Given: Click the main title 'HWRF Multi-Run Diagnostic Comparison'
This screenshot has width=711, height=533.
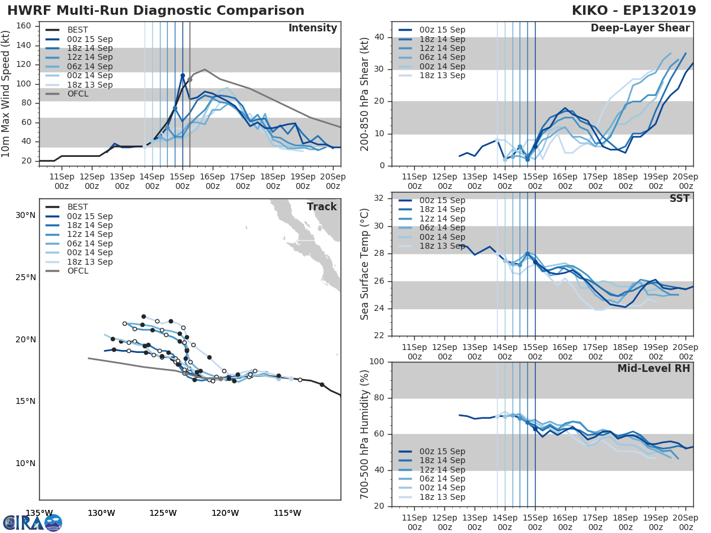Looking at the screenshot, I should click(156, 11).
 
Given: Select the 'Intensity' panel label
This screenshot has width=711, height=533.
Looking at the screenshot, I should click(312, 28).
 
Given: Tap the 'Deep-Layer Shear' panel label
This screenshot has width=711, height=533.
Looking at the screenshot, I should click(640, 28).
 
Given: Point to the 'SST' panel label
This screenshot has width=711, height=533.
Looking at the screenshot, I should click(679, 198).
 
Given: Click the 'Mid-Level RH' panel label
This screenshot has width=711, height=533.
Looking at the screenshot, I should click(654, 368).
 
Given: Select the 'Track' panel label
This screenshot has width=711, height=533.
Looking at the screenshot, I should click(322, 207).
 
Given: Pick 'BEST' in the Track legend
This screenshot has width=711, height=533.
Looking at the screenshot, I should click(78, 207).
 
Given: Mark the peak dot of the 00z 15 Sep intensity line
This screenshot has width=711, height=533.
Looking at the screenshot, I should click(182, 76).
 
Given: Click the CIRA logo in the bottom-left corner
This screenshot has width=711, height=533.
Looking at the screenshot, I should click(33, 522).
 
